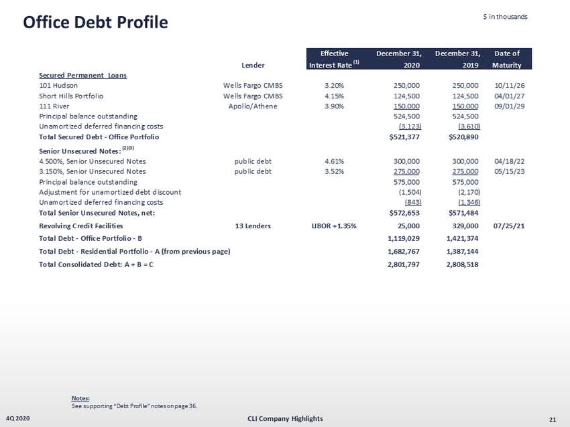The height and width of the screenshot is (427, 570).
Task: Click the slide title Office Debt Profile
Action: coord(95,22)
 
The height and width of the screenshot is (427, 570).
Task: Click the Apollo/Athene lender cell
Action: coord(253,106)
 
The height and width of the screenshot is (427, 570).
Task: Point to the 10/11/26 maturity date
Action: coord(510,86)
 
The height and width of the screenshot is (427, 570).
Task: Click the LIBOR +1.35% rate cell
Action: coord(330,226)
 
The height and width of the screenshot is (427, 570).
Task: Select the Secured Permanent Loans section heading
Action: coord(82,75)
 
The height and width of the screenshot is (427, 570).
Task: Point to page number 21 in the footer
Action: coord(553,420)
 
